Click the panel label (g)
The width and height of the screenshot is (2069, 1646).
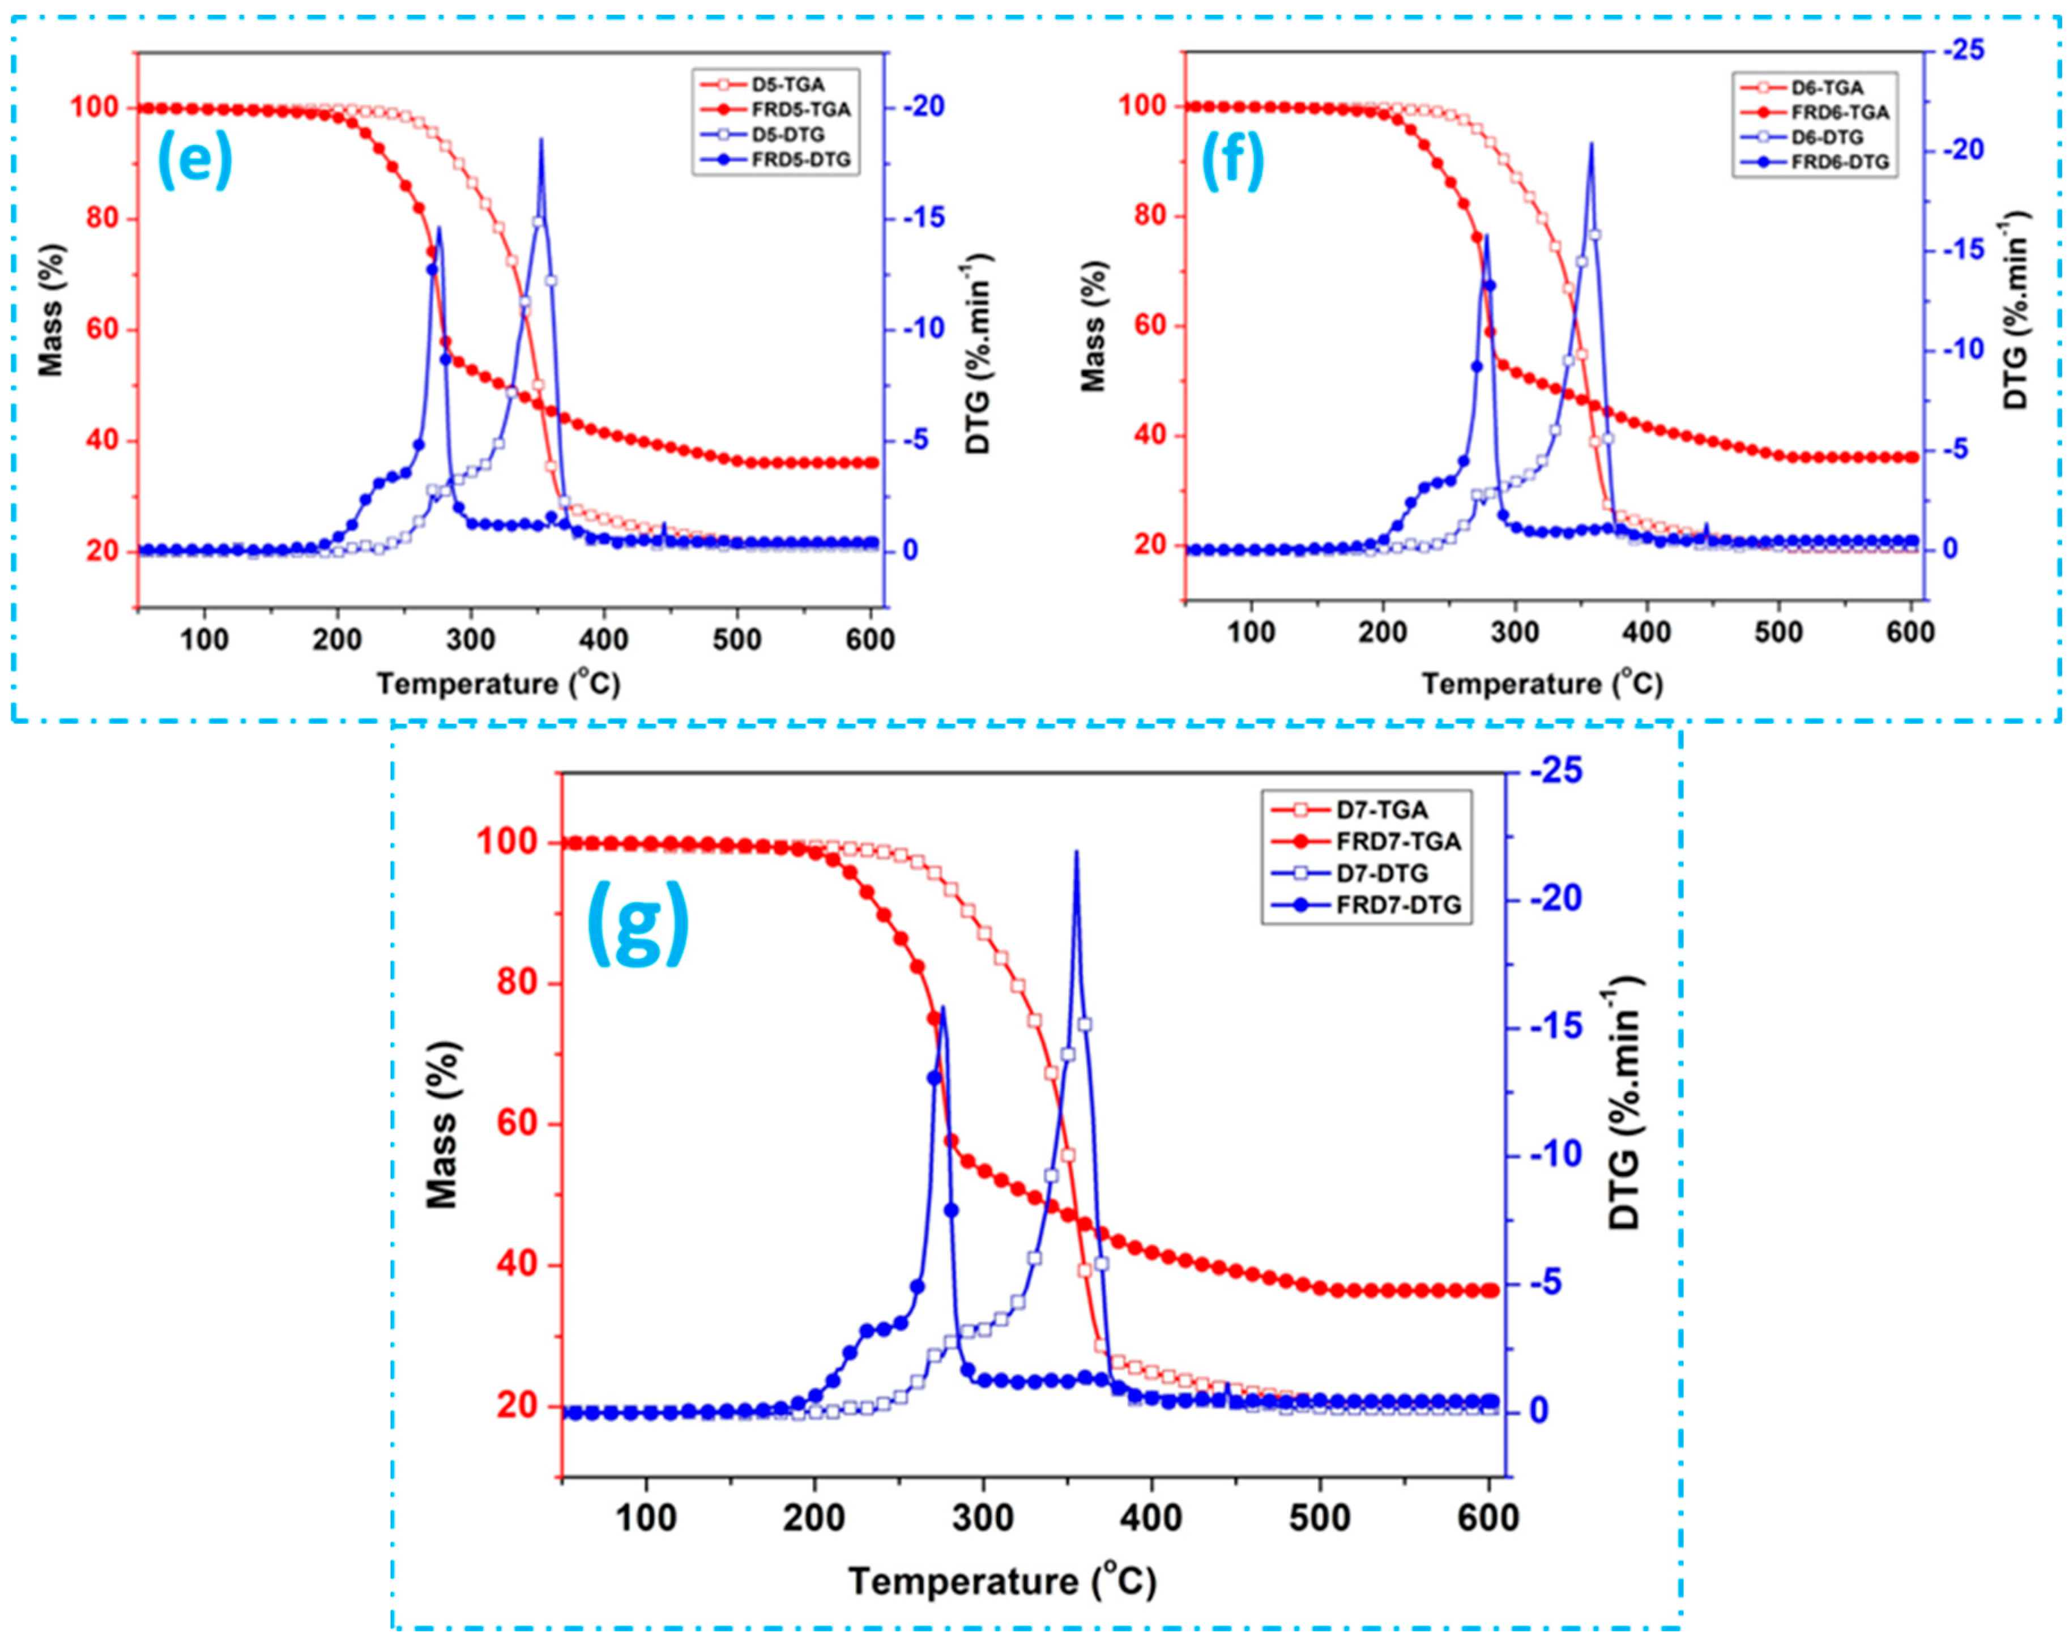[x=637, y=922]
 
